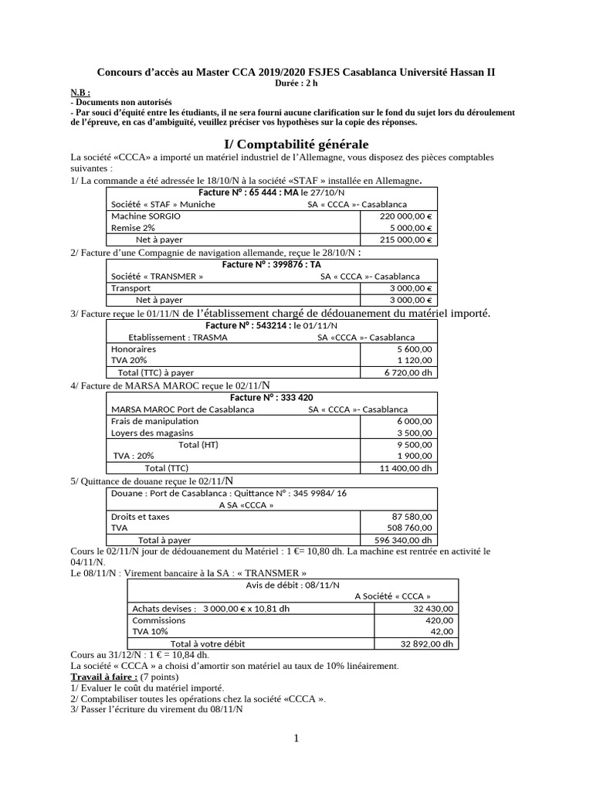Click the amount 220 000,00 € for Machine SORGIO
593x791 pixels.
[x=407, y=217]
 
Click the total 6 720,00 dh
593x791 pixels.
[x=409, y=372]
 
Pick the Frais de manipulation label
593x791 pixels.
[x=154, y=421]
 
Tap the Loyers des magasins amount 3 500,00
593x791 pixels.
[x=415, y=433]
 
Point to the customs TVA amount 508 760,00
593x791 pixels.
[x=411, y=528]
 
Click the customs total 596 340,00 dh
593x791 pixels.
[x=407, y=540]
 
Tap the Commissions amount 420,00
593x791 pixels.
[x=439, y=620]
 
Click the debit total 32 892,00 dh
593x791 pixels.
[x=428, y=643]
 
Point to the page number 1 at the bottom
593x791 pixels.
[x=296, y=738]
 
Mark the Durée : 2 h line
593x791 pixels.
[x=296, y=83]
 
